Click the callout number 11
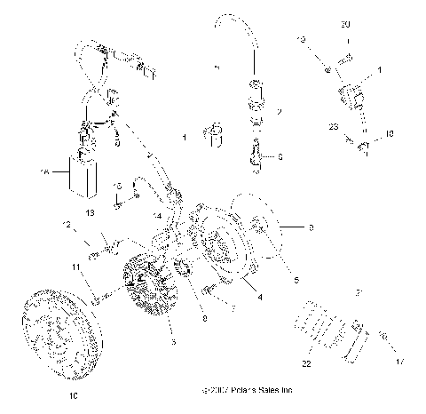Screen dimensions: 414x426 77,267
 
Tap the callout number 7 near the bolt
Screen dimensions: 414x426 231,309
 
